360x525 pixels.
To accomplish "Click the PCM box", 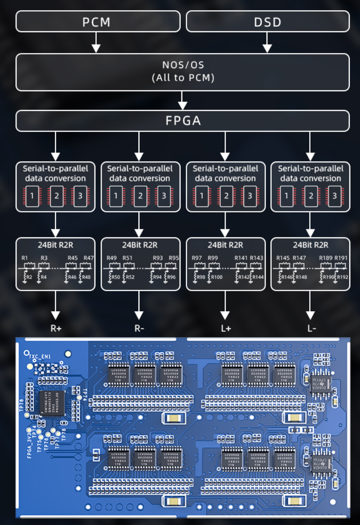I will tap(98, 21).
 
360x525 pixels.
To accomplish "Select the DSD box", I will tap(267, 21).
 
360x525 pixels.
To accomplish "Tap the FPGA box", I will tap(182, 121).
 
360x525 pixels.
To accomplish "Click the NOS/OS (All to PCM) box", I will tap(182, 72).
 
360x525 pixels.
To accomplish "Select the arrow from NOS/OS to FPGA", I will tap(182, 101).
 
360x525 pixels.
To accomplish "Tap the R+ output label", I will tap(55, 329).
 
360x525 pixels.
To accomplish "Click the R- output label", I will tap(139, 329).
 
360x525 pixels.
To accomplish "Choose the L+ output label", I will tap(225, 329).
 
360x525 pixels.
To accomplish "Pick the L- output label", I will tap(311, 329).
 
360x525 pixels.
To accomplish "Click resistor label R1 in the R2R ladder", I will tap(25, 258).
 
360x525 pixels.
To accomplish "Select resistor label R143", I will tap(257, 258).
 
